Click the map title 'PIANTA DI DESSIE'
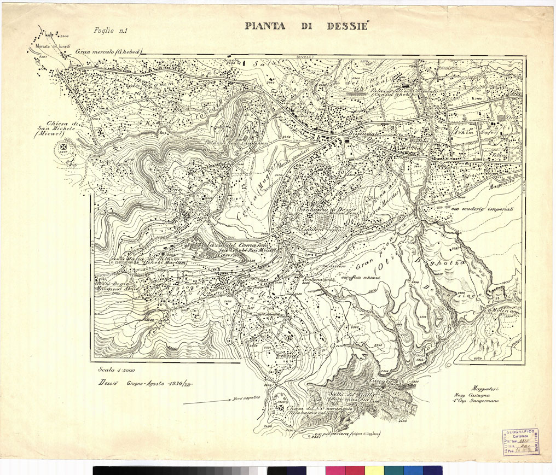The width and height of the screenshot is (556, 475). click(306, 26)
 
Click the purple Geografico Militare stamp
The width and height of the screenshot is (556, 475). click(520, 442)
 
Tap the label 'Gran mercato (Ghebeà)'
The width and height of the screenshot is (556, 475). click(109, 52)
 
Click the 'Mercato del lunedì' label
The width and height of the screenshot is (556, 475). click(47, 47)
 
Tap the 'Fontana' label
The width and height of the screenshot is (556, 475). click(314, 279)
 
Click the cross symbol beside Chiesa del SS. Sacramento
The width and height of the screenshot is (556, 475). click(281, 408)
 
